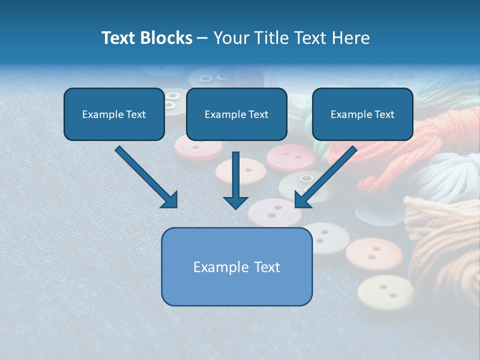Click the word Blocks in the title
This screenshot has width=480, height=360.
(166, 38)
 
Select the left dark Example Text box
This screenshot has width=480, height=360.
(114, 114)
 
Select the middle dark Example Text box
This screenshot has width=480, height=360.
(236, 114)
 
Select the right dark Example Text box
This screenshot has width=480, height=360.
(362, 114)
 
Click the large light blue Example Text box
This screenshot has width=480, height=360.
(236, 267)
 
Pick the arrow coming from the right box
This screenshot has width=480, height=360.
(325, 177)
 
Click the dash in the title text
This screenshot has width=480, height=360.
(202, 38)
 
